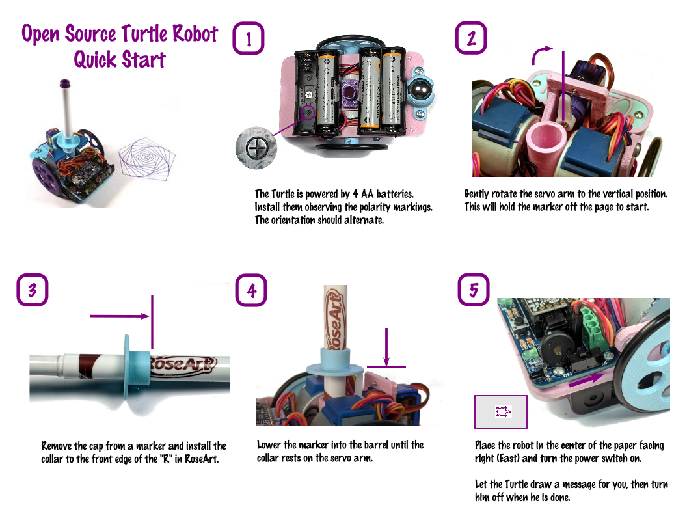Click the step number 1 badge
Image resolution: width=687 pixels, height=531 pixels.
pyautogui.click(x=248, y=38)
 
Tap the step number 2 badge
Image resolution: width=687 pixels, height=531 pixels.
pyautogui.click(x=471, y=38)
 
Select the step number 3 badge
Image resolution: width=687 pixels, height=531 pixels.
pyautogui.click(x=33, y=290)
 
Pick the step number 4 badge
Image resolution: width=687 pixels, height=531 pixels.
pyautogui.click(x=251, y=290)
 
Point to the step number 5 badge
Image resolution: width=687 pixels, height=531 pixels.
pyautogui.click(x=474, y=289)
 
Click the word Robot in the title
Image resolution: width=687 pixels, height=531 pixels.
pyautogui.click(x=195, y=34)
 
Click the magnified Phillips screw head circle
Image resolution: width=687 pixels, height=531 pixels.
pyautogui.click(x=256, y=148)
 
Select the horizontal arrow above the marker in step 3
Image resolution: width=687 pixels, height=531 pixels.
pyautogui.click(x=120, y=316)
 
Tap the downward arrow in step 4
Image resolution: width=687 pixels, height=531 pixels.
pyautogui.click(x=386, y=346)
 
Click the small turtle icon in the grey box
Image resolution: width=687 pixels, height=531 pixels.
pyautogui.click(x=503, y=411)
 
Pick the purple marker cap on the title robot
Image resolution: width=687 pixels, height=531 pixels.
pyautogui.click(x=65, y=83)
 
